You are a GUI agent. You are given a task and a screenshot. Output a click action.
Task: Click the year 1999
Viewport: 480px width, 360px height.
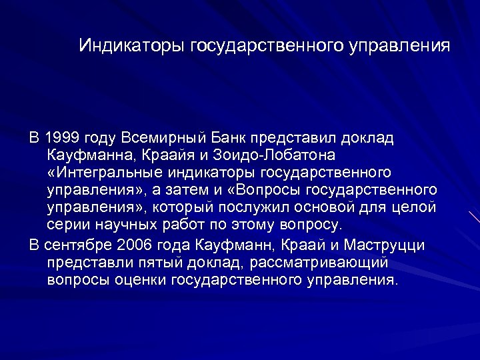[63, 138]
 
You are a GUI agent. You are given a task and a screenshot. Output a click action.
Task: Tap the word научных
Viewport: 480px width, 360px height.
[125, 225]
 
